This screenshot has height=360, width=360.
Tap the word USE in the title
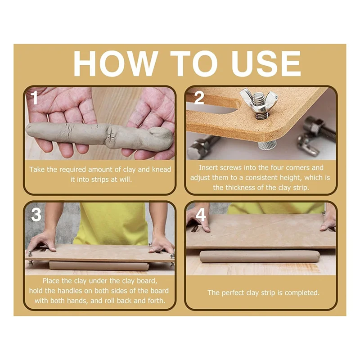click(266, 63)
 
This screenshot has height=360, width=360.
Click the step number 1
click(35, 98)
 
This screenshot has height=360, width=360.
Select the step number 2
click(199, 98)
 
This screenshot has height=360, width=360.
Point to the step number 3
click(36, 215)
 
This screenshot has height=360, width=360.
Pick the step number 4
click(201, 215)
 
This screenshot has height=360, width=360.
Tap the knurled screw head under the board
click(267, 145)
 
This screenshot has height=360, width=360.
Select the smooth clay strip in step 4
click(260, 256)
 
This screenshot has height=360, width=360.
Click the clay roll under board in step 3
click(99, 266)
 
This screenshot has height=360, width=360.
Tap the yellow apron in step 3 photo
click(112, 224)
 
